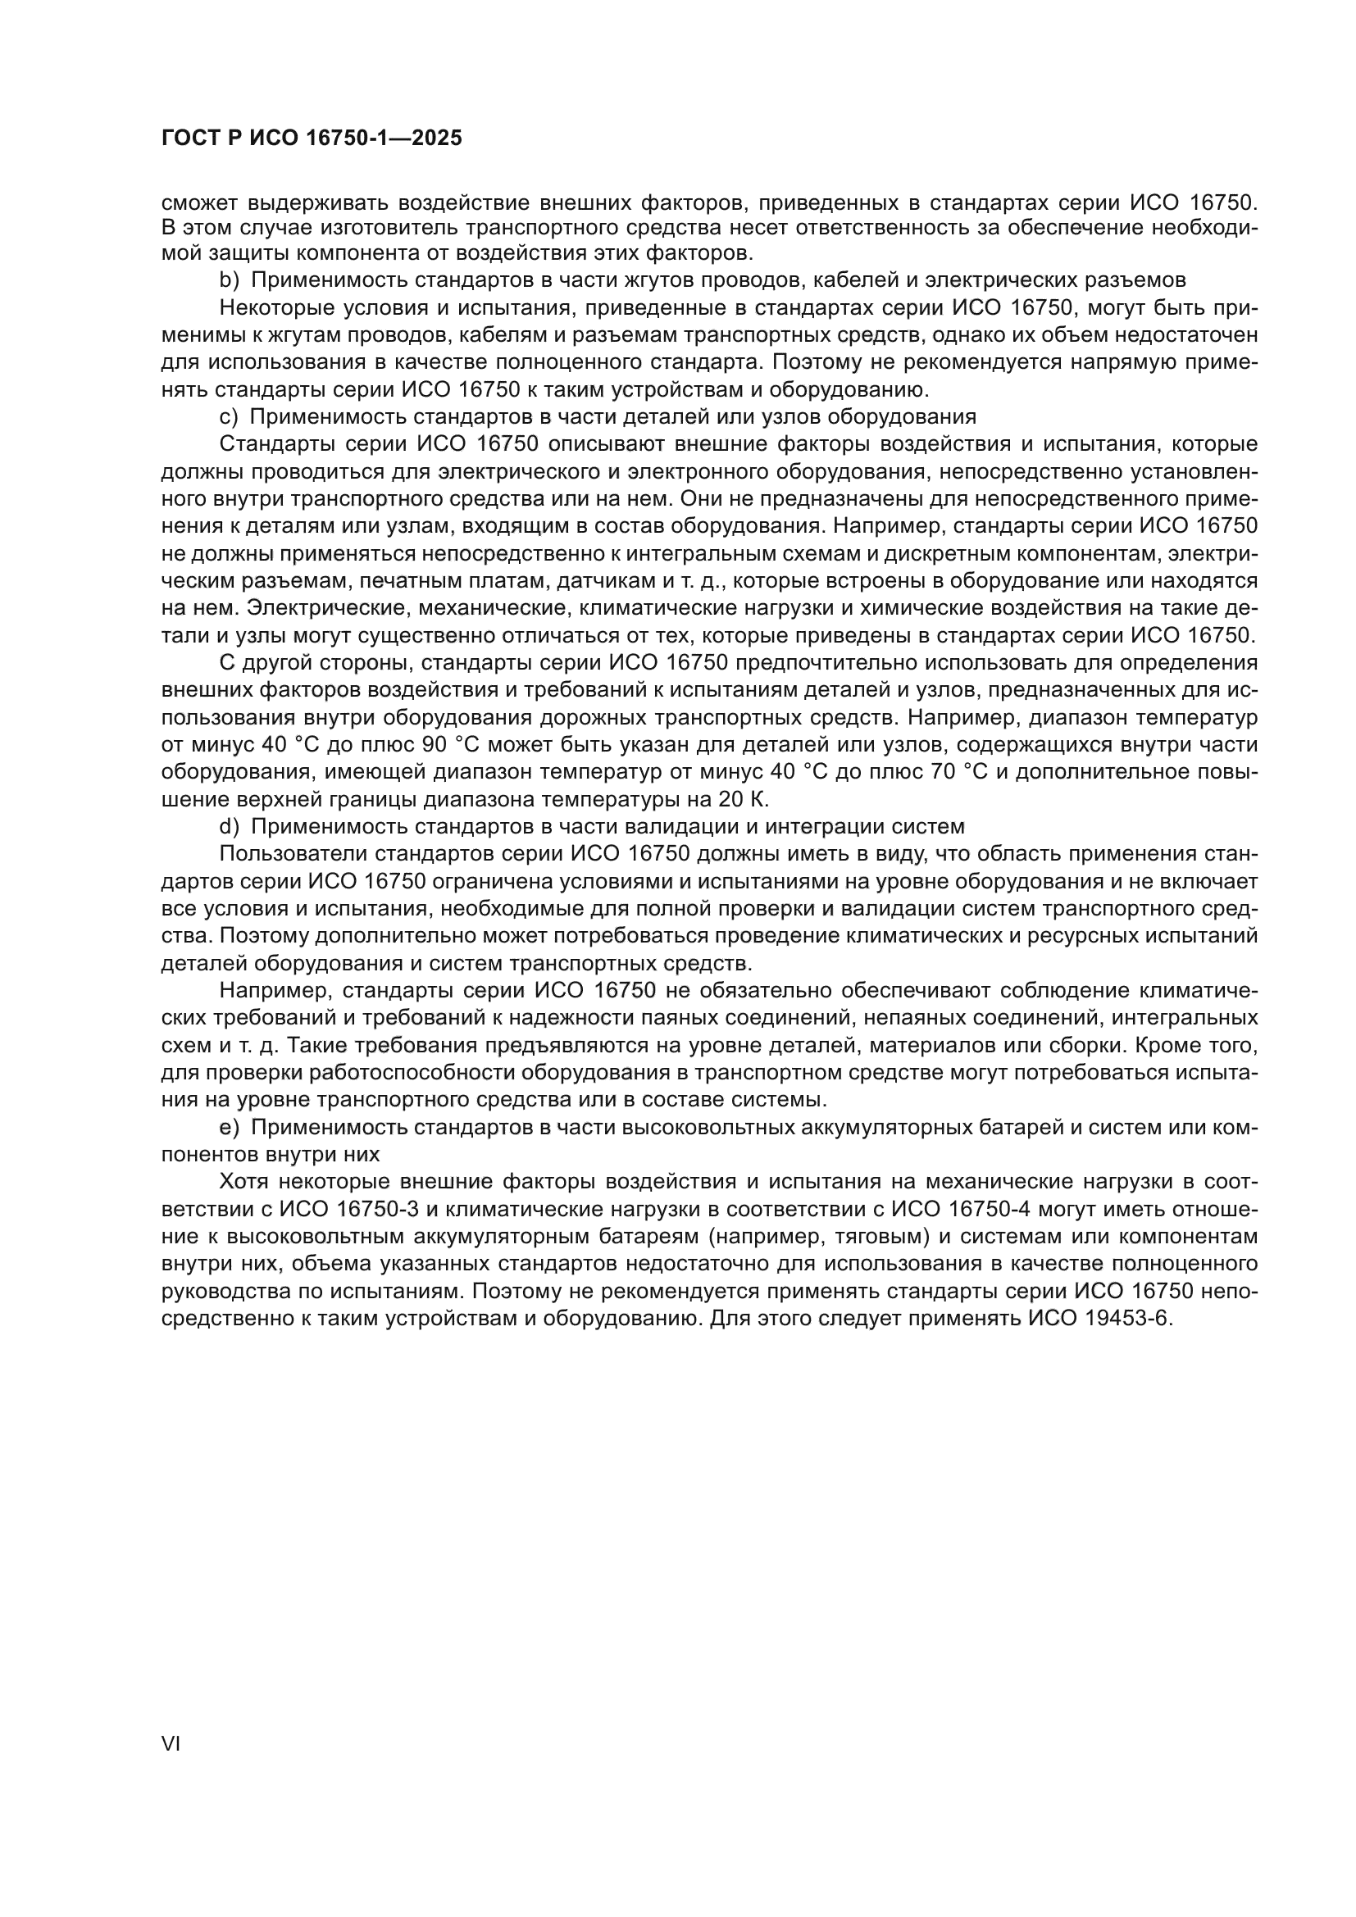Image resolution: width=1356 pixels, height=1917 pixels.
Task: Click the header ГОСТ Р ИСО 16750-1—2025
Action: point(312,139)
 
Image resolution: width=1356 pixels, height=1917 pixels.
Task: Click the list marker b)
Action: point(230,279)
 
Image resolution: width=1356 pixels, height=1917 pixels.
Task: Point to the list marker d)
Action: point(230,827)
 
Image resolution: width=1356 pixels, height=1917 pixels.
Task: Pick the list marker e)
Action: point(230,1128)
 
